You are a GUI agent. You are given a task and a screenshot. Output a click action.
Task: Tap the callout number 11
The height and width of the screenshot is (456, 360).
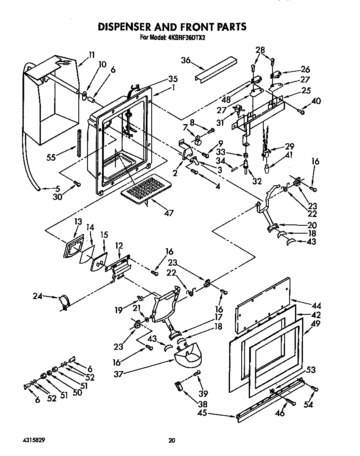point(92,54)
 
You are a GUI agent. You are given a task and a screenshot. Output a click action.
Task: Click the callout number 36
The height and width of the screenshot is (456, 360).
point(186,60)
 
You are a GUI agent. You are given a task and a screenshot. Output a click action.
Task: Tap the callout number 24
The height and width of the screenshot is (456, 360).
point(38,296)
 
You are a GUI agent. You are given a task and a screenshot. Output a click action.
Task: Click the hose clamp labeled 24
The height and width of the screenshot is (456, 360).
point(64,302)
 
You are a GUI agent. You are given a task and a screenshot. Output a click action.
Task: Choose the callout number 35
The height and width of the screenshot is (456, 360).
point(161,79)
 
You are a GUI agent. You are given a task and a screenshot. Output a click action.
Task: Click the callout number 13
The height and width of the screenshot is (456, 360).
point(77,222)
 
